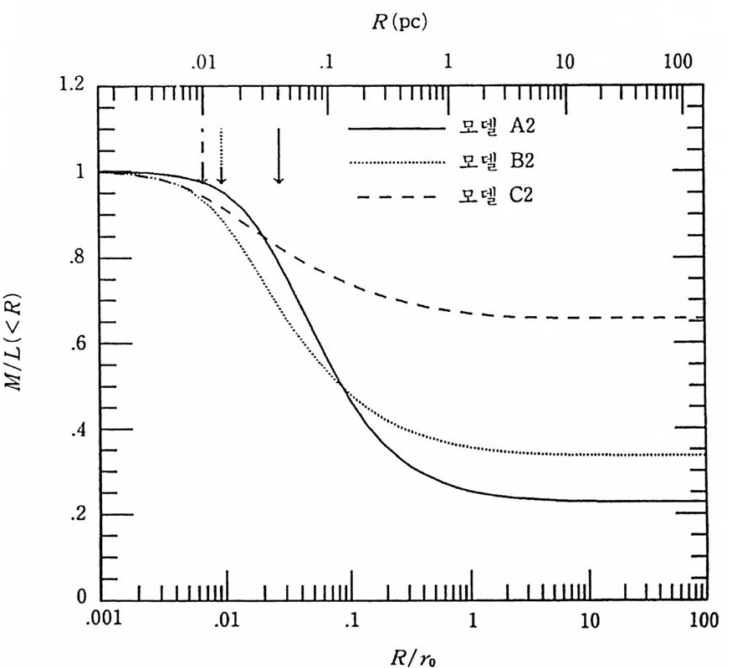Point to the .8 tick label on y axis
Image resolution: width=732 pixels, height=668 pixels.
[79, 258]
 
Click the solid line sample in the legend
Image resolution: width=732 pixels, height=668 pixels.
[397, 130]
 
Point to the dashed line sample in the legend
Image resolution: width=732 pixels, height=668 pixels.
[397, 197]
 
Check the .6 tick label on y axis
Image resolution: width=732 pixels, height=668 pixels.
[79, 344]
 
